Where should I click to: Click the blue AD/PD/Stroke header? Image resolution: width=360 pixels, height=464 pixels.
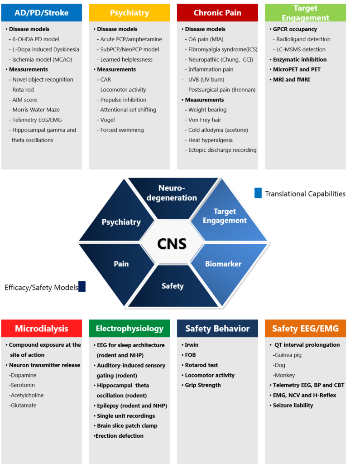point(42,13)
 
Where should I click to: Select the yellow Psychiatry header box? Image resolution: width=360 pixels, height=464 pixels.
point(130,13)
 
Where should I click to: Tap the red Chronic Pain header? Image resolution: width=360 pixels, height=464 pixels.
point(217,13)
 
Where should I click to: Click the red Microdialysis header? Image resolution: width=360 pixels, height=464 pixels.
point(42,329)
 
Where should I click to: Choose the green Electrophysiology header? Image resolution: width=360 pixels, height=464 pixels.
point(130,329)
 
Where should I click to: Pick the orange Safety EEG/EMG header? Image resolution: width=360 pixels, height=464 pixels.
point(305,329)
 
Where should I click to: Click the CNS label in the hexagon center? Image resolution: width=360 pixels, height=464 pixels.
point(172,243)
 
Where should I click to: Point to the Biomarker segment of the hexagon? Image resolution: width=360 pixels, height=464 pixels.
point(223,264)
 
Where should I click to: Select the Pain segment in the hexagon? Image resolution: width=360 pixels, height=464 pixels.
point(121,264)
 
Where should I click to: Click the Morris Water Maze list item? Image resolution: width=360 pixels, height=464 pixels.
point(36,110)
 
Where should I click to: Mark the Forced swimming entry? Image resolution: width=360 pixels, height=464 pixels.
point(122,130)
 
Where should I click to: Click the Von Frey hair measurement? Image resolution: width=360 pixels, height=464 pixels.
point(205,120)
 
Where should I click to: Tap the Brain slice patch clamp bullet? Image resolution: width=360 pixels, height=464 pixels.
point(127,426)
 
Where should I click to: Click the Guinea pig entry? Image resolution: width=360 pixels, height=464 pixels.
point(288,355)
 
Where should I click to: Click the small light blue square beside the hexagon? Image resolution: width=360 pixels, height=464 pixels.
point(258,193)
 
